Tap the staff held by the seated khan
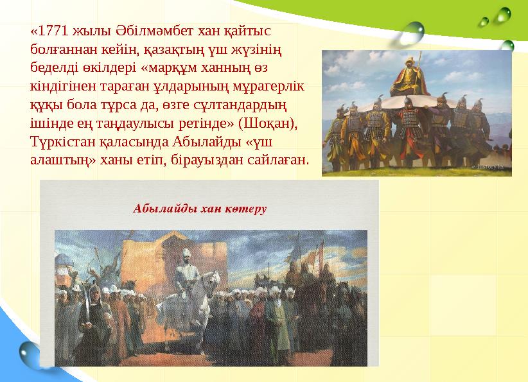point(418,71)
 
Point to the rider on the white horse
point(187,270)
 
